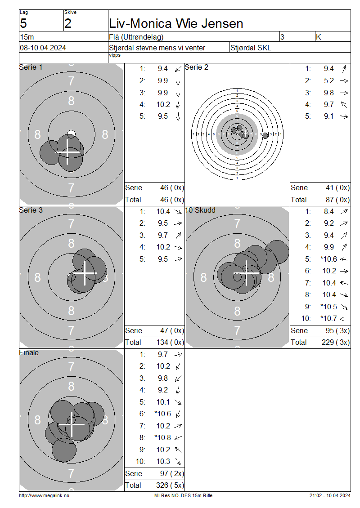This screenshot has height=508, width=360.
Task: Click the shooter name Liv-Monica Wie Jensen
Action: click(x=176, y=24)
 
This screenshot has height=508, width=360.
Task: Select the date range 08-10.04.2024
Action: click(x=43, y=48)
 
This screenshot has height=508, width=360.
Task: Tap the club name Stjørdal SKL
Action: click(x=251, y=48)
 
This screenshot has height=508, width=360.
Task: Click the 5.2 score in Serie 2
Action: click(x=329, y=80)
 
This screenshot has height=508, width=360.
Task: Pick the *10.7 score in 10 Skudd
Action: click(x=328, y=318)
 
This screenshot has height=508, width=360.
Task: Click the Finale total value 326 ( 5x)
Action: click(x=170, y=485)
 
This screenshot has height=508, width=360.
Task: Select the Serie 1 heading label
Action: click(x=31, y=67)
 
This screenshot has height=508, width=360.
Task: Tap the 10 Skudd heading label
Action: click(x=200, y=210)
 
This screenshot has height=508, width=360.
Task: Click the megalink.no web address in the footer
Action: click(x=44, y=495)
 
